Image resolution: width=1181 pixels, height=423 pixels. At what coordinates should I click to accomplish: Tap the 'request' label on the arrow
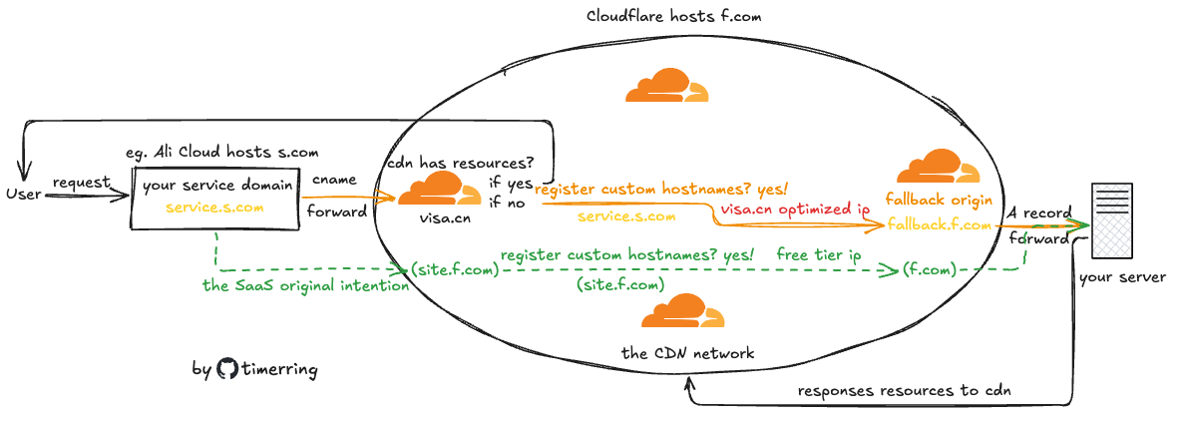81,182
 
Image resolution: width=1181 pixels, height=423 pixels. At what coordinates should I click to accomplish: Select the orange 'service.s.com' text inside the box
214,208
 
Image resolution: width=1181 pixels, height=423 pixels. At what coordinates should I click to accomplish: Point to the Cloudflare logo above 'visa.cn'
439,187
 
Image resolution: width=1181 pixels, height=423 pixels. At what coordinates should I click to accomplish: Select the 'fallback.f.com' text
939,225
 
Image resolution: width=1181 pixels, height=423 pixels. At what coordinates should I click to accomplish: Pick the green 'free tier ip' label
819,255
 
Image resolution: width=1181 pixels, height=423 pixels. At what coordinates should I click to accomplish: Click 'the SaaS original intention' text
304,285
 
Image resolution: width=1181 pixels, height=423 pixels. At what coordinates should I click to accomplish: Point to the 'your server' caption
1122,276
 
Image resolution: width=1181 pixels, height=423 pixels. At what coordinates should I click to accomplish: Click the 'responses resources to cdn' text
904,390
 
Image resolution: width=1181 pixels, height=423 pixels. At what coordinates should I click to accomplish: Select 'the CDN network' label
687,352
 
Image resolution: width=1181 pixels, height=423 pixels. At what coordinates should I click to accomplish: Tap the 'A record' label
1038,212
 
